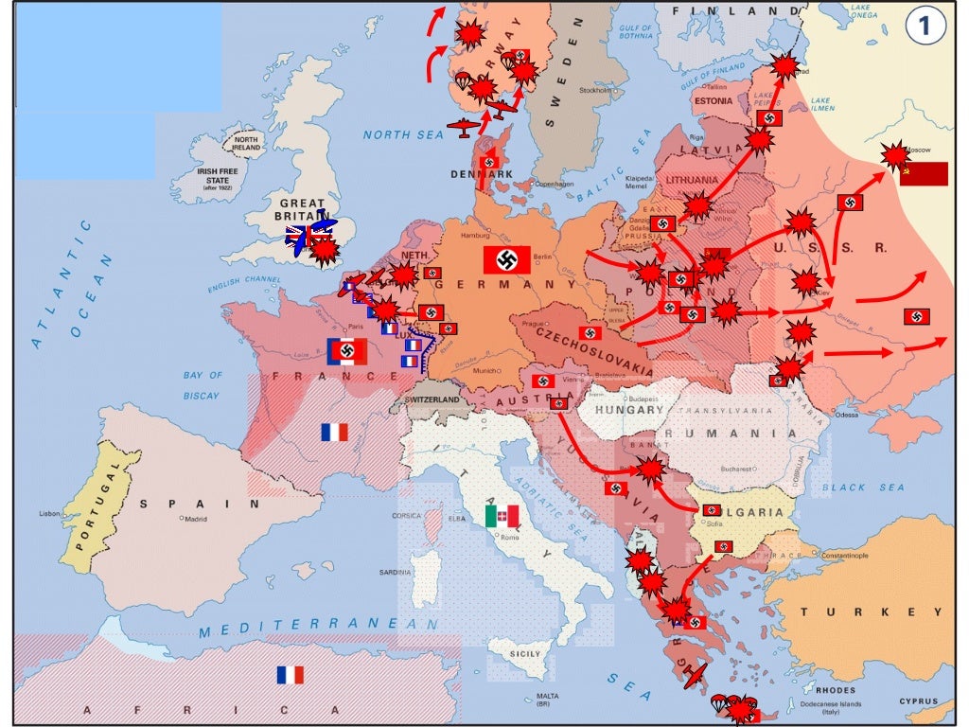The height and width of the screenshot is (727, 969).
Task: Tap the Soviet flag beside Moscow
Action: pos(924,173)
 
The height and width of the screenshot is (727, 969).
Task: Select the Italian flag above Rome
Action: pos(502,516)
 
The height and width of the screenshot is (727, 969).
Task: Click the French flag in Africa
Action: pos(291,675)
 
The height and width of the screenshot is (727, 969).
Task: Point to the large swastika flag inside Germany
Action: pos(506,259)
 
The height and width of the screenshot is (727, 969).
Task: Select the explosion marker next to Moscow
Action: pos(893,155)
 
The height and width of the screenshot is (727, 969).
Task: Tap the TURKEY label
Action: pos(858,612)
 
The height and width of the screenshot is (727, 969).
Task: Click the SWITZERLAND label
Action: pos(437,400)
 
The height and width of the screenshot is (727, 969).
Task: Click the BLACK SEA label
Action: pos(863,488)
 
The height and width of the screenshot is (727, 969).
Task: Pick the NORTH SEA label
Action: pos(403,135)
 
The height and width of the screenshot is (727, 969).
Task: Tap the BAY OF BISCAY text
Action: pos(202,385)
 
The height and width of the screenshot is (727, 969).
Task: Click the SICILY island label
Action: pos(525,654)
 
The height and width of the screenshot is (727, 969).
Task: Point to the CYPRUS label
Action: pos(918,702)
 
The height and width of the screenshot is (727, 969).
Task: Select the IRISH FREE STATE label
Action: pos(217,177)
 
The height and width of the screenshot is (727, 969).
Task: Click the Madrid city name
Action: pos(196,519)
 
